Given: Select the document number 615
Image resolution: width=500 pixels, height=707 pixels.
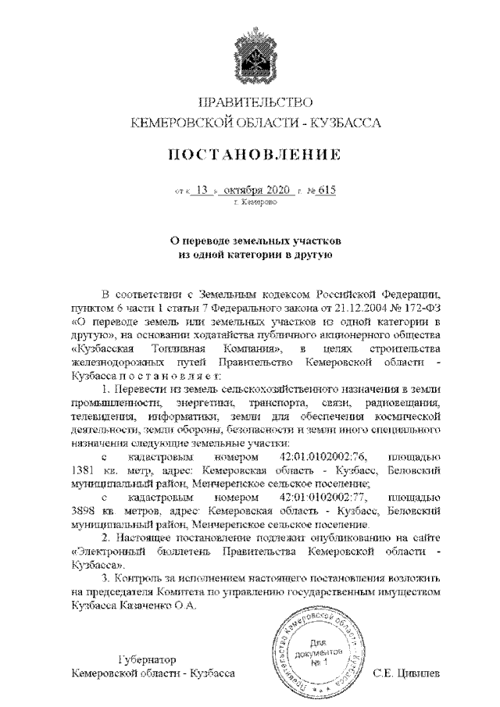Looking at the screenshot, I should point(327,190).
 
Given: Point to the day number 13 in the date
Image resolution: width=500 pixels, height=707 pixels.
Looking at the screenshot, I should point(205,190).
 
